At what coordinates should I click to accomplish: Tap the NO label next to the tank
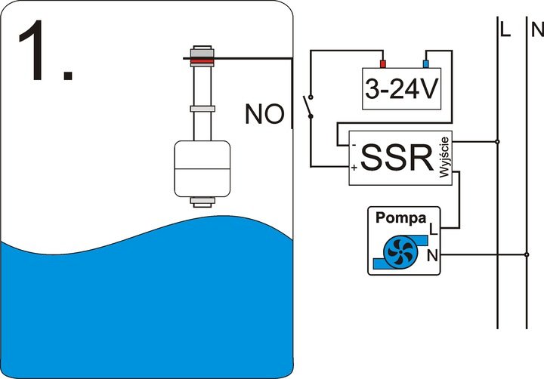(x=264, y=115)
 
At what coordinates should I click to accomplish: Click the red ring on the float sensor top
(x=201, y=57)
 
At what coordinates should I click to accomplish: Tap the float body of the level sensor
(x=201, y=165)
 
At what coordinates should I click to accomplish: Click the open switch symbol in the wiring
(x=308, y=106)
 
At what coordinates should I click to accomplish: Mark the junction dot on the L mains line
(x=497, y=141)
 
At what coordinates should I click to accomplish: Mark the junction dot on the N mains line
(x=526, y=255)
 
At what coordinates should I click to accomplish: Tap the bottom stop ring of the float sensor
(x=201, y=202)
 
